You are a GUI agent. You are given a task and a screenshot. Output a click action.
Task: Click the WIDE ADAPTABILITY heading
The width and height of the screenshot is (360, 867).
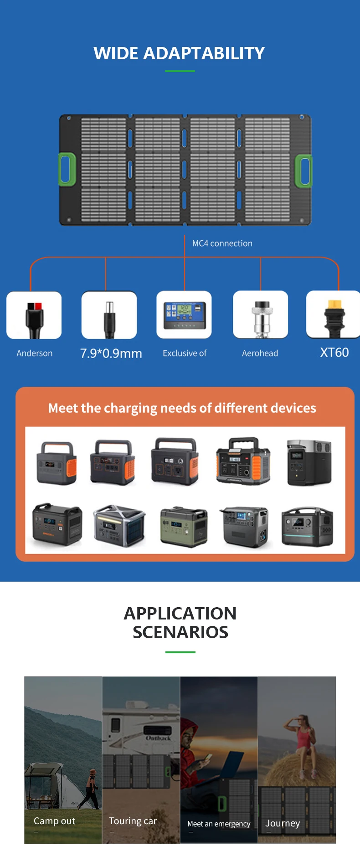179,53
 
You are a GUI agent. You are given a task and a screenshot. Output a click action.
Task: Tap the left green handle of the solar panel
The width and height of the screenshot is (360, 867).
67,169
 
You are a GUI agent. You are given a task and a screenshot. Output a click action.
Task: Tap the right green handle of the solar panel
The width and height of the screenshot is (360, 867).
303,171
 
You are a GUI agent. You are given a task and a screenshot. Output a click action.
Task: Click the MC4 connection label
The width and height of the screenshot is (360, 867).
222,243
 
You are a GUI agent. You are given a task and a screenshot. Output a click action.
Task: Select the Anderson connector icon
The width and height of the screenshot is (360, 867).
34,315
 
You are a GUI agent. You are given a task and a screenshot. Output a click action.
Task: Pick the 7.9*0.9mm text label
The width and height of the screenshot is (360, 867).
111,353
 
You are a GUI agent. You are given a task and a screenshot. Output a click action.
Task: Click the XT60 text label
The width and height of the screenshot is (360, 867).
334,352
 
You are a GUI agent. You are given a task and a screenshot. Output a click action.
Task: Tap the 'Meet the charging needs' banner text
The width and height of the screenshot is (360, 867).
182,408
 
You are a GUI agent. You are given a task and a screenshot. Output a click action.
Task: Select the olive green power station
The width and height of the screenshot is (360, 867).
184,526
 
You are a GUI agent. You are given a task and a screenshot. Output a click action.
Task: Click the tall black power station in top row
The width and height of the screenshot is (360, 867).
309,462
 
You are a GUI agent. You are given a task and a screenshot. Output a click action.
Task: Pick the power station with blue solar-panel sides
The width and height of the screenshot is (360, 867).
119,526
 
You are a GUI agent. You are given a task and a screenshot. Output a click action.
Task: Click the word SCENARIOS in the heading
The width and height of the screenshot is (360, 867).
180,632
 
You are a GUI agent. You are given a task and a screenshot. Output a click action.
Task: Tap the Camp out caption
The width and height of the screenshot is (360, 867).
54,821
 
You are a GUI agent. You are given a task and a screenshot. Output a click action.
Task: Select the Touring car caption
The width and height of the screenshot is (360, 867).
133,821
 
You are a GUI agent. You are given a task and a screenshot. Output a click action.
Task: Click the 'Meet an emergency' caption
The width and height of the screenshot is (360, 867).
219,824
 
